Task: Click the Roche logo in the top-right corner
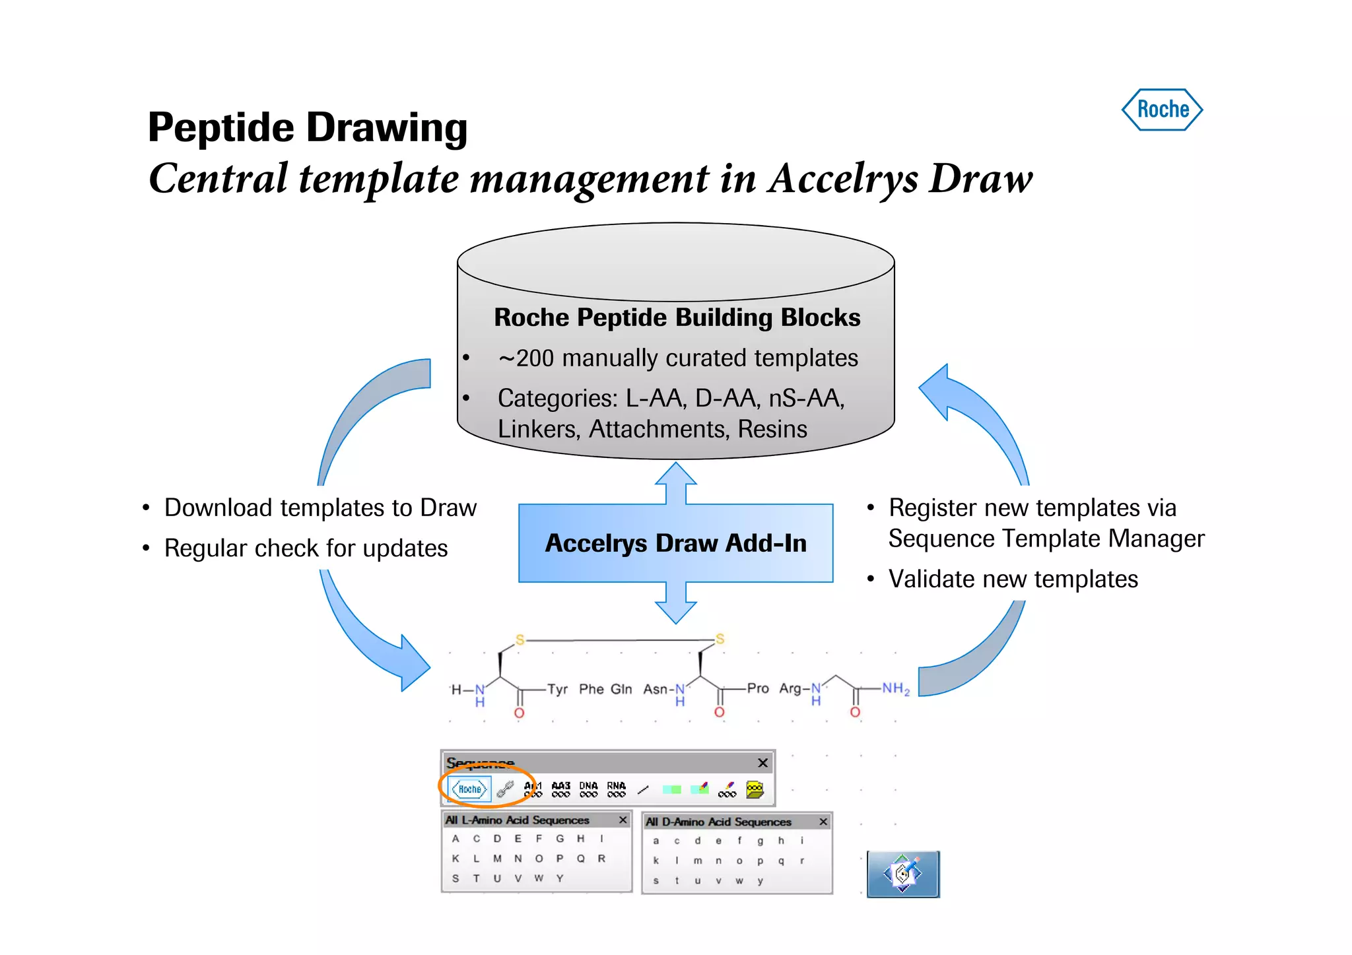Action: click(1162, 110)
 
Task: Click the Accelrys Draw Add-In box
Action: click(675, 543)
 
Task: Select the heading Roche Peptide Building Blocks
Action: click(677, 317)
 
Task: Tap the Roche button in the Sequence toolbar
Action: click(469, 789)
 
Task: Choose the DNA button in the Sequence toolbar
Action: click(588, 789)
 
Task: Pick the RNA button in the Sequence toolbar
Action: click(616, 789)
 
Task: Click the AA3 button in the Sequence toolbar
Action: click(560, 789)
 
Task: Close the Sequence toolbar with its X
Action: click(762, 763)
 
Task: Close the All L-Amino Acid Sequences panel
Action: click(623, 820)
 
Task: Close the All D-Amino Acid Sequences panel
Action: click(823, 822)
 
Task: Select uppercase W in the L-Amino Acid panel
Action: click(539, 878)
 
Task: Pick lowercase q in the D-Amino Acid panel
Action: click(781, 861)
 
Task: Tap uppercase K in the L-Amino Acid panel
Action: click(456, 859)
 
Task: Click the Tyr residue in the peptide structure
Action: click(557, 689)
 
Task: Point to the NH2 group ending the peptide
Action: click(896, 688)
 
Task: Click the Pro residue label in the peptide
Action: click(758, 688)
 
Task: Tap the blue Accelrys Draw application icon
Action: click(902, 874)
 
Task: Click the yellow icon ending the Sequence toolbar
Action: click(754, 789)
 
